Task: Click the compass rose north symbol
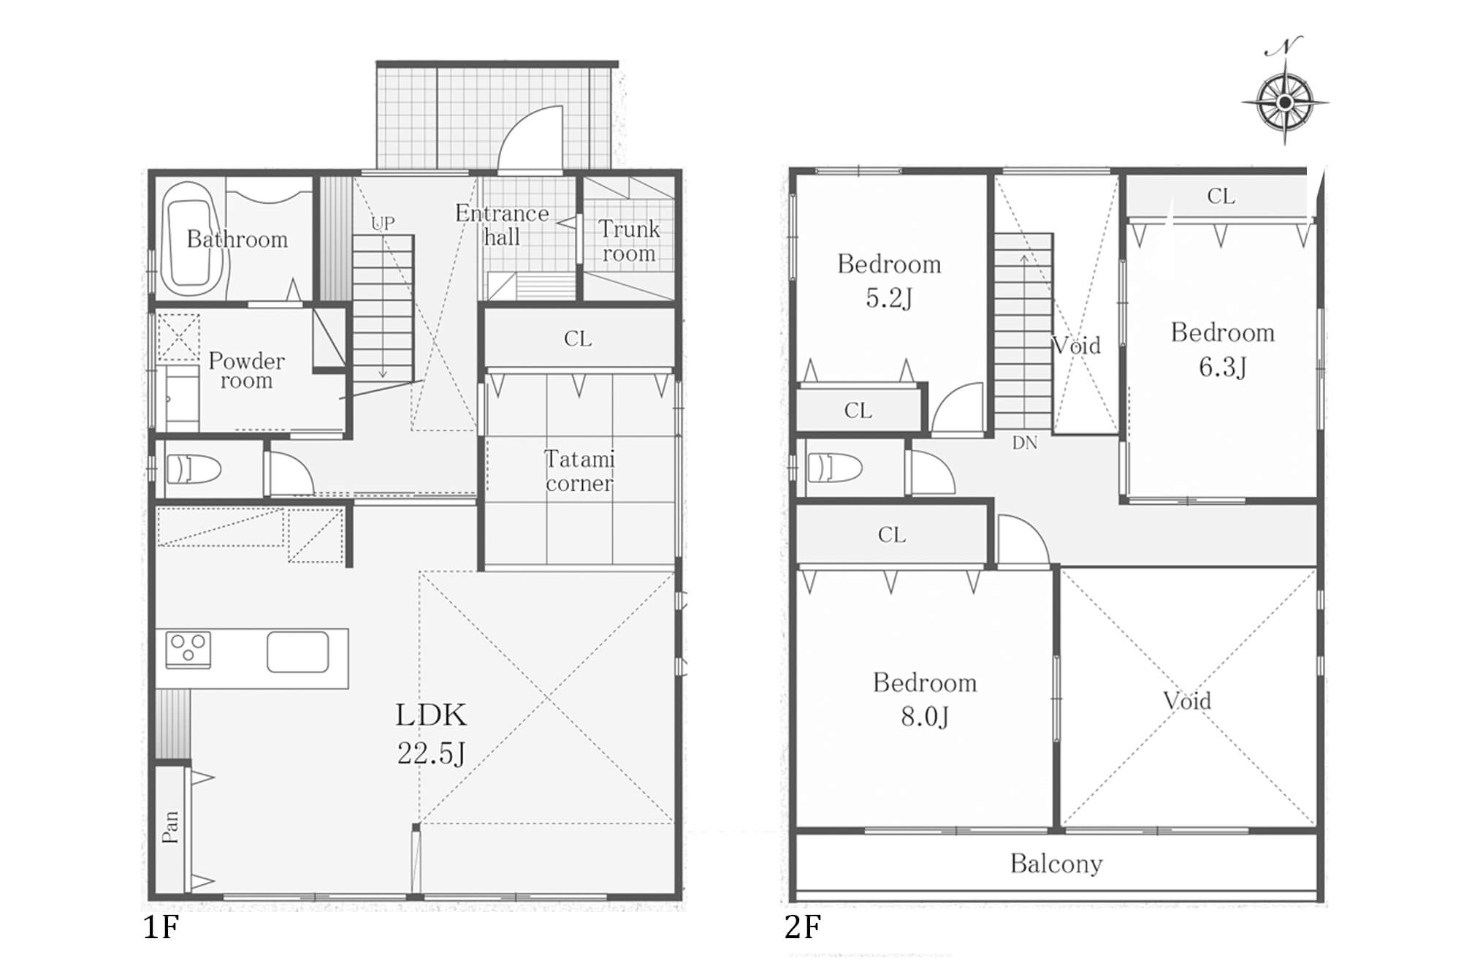click(1285, 101)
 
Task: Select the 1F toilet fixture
click(194, 469)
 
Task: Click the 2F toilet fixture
click(835, 467)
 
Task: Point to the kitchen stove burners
click(188, 650)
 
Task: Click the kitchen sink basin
click(297, 651)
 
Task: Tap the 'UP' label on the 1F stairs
click(383, 223)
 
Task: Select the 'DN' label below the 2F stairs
click(1025, 443)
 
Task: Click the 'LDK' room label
click(431, 715)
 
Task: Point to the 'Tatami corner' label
click(579, 471)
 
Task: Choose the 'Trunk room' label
click(629, 241)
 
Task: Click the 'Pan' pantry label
click(170, 826)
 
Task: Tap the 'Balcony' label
click(1056, 864)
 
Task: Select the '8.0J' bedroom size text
click(925, 717)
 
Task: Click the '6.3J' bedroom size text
click(1222, 367)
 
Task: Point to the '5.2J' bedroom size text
click(889, 298)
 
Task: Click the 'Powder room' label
click(246, 370)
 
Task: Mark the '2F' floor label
click(803, 927)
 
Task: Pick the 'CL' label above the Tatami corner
click(578, 339)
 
